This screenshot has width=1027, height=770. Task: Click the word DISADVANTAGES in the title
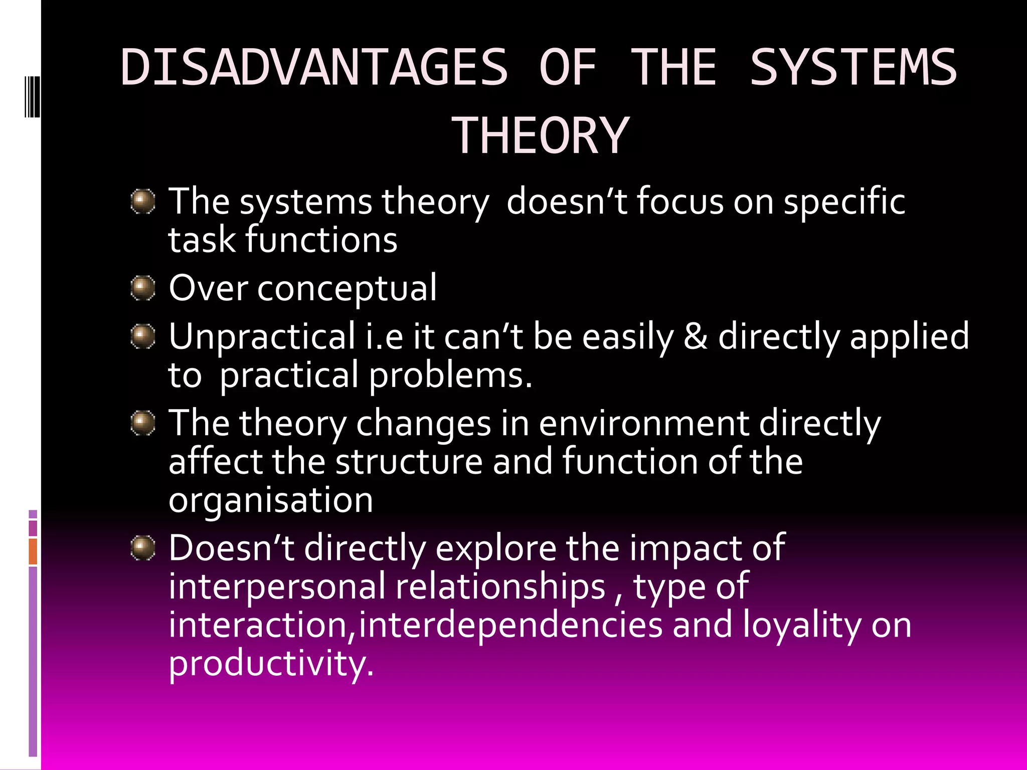[x=314, y=68]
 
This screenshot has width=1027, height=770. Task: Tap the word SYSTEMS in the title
[x=853, y=68]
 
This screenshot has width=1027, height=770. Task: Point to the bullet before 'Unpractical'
[x=143, y=336]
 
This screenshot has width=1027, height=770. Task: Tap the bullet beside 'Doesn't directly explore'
[x=143, y=548]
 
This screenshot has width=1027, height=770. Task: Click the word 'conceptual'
[x=347, y=289]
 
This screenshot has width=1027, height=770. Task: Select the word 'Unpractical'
[x=262, y=336]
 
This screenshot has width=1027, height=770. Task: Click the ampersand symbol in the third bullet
[x=696, y=336]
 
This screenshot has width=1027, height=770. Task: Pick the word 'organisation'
[x=271, y=500]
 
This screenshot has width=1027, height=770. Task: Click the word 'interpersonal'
[x=277, y=587]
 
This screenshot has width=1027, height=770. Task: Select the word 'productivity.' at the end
[x=271, y=663]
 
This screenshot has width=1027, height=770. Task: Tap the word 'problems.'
[x=450, y=375]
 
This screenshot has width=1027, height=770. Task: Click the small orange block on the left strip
[x=33, y=551]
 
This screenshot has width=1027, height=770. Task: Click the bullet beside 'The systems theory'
[x=143, y=202]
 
